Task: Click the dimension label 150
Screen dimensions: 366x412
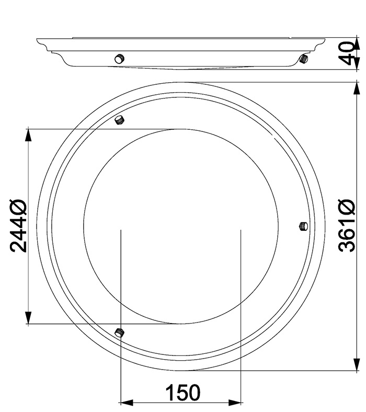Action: point(183,392)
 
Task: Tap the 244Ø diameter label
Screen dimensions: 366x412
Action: point(18,226)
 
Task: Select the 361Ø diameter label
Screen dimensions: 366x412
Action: point(347,226)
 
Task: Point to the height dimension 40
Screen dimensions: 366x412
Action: point(347,53)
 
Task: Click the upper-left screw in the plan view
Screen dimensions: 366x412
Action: point(120,120)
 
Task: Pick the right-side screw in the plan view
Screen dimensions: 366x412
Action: point(304,226)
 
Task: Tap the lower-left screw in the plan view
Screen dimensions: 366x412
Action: point(120,332)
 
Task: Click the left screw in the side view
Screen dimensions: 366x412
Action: point(119,58)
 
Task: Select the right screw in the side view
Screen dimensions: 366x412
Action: point(304,58)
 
